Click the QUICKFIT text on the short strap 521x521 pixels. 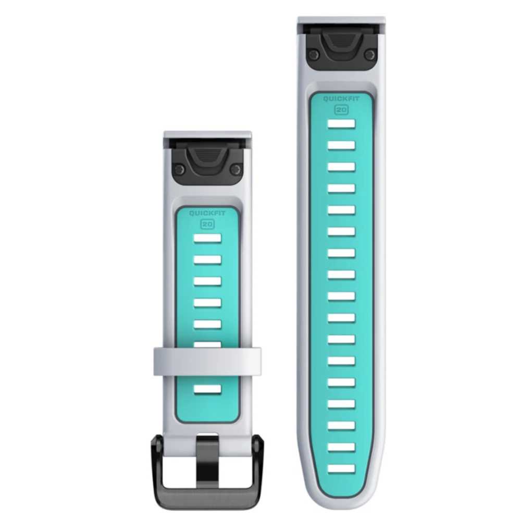tap(207, 213)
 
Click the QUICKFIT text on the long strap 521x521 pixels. tap(341, 98)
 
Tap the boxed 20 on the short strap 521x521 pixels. tap(207, 224)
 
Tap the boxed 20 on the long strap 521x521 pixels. tap(341, 110)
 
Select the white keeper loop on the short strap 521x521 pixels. tap(207, 362)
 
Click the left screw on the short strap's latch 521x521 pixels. tap(180, 169)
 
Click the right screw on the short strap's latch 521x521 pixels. tap(235, 169)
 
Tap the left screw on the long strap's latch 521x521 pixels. tap(313, 54)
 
